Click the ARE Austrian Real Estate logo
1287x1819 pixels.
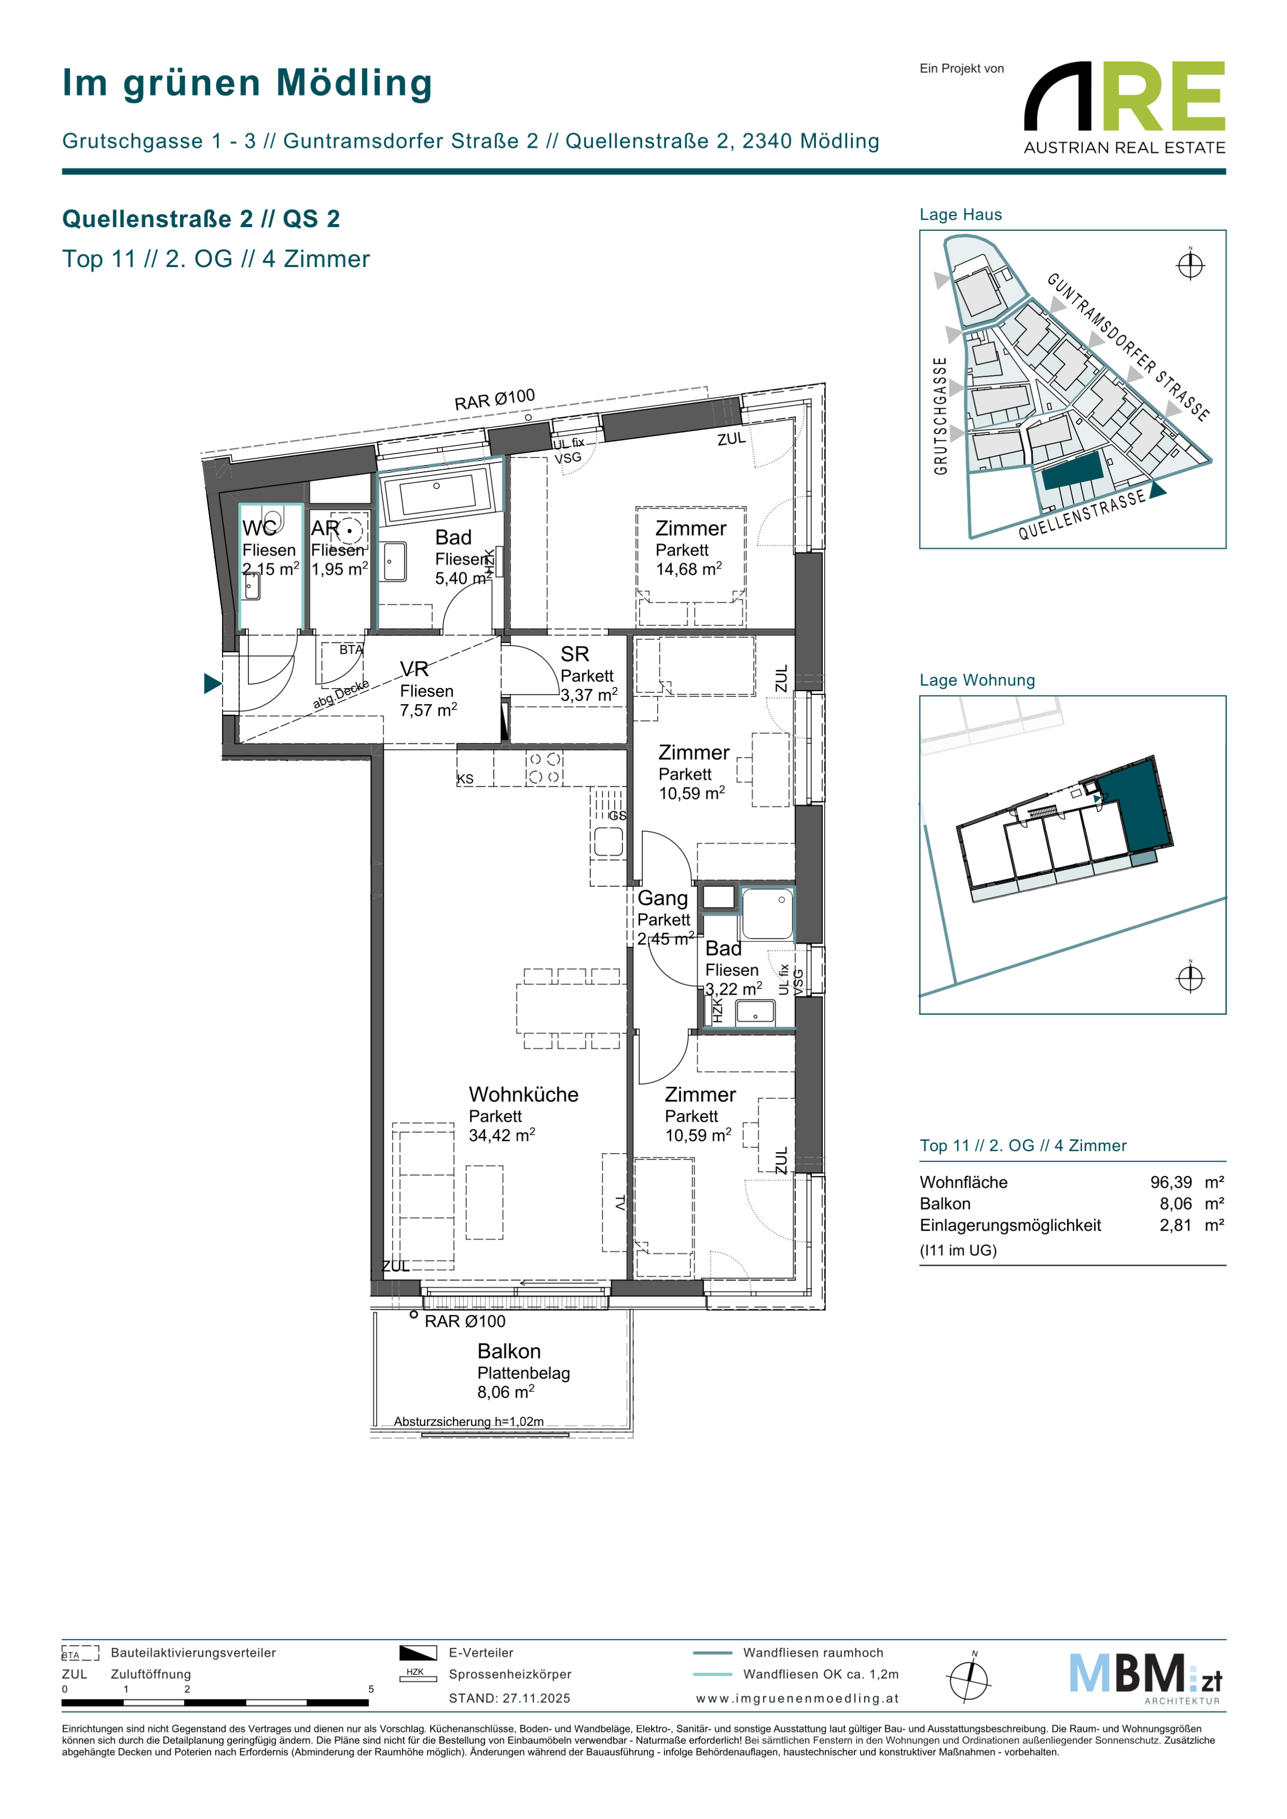pos(1125,108)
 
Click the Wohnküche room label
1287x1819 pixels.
pos(523,1094)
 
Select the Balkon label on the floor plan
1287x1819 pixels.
pos(509,1351)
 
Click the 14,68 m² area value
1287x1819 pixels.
pos(688,569)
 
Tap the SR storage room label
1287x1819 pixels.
pos(575,654)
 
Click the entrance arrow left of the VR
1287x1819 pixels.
pos(212,683)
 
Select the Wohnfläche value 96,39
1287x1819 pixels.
pos(1171,1182)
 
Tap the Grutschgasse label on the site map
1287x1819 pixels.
pos(941,416)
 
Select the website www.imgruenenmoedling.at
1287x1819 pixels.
pos(797,1698)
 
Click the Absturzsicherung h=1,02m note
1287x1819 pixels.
pos(469,1421)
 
